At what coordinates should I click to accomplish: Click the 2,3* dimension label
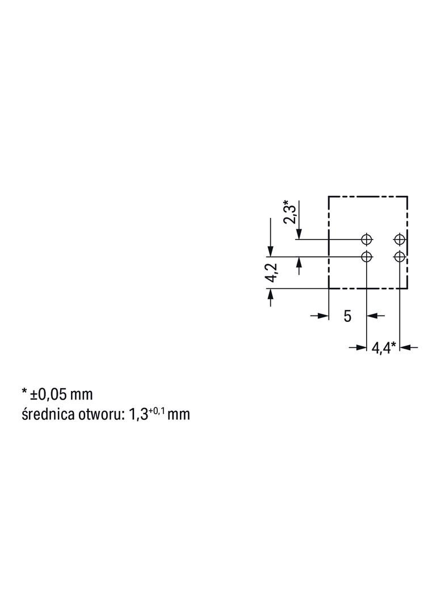290,212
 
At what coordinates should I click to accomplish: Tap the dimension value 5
347,316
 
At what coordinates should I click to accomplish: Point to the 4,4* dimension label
384,348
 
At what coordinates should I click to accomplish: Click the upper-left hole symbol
366,240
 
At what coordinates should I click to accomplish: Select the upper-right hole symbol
400,240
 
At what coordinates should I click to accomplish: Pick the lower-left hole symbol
366,256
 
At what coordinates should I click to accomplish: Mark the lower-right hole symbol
400,256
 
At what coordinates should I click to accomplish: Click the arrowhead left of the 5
323,316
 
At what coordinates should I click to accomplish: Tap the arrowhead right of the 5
371,316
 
